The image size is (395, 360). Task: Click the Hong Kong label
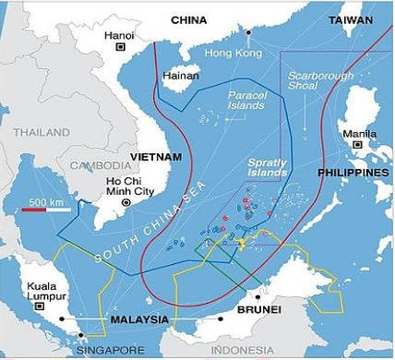pyautogui.click(x=228, y=53)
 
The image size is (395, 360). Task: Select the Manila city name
pyautogui.click(x=358, y=133)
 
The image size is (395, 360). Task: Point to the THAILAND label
pyautogui.click(x=40, y=132)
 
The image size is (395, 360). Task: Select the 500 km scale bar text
pyautogui.click(x=46, y=202)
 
